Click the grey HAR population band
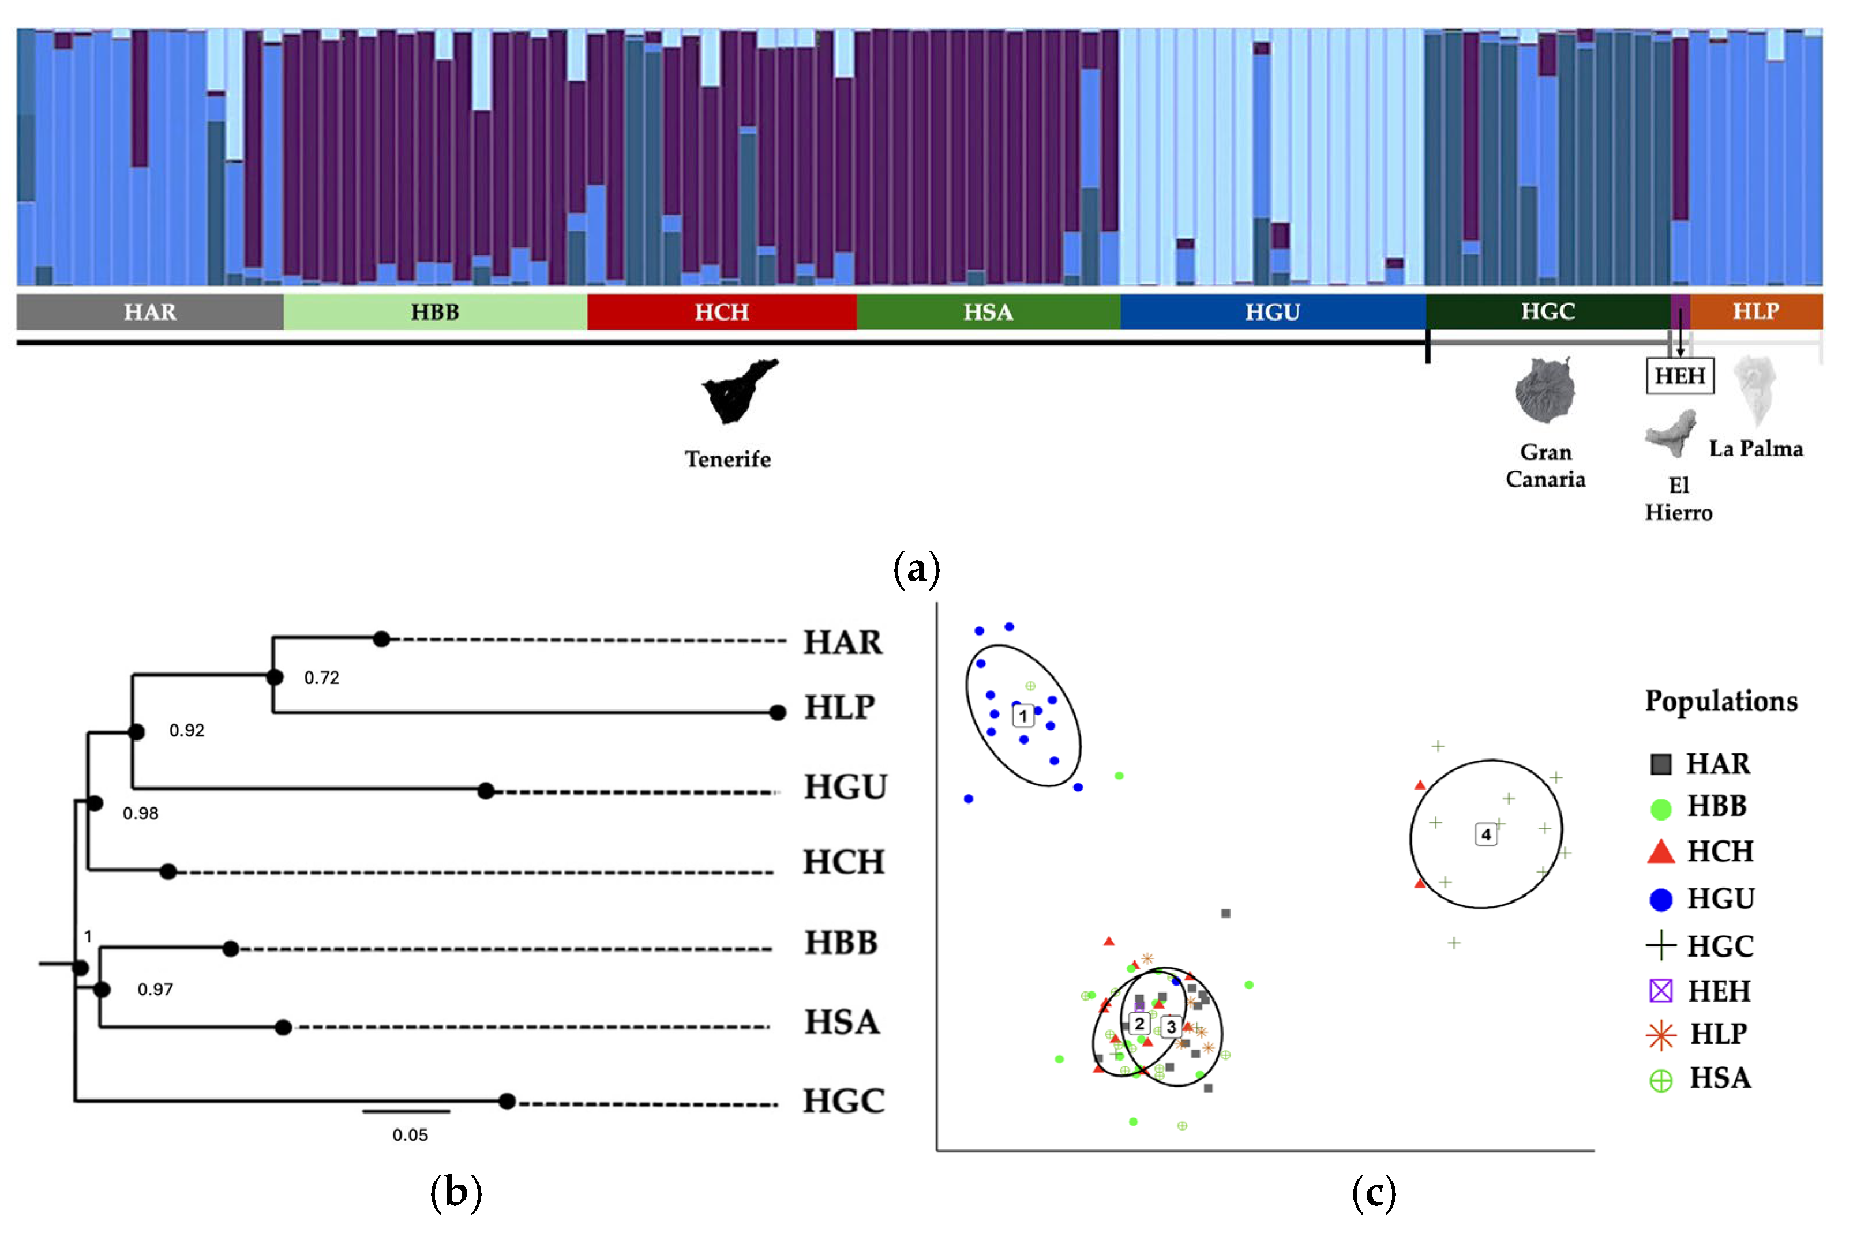coord(149,312)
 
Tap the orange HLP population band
coord(1755,311)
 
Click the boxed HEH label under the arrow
coord(1679,376)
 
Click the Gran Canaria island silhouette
coord(1545,390)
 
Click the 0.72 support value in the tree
coord(322,678)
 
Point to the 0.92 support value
coord(186,731)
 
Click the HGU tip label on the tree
coord(845,787)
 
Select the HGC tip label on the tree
coord(843,1102)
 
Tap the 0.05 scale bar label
coord(410,1135)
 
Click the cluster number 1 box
coord(1022,716)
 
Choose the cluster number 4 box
coord(1485,834)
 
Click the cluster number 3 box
coord(1171,1027)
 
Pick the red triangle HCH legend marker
coord(1660,852)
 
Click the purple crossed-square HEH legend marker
coord(1660,991)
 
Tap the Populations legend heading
coord(1720,701)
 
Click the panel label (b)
coord(455,1192)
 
